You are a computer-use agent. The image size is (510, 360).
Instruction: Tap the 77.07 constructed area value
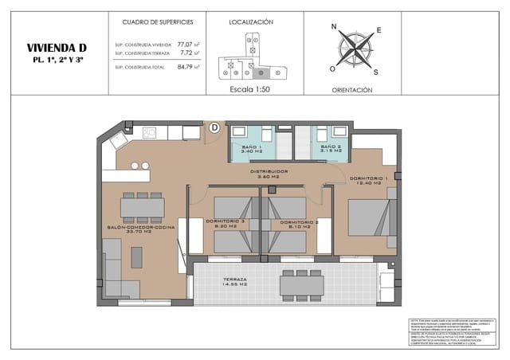[185, 44]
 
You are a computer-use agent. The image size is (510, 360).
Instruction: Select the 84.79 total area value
[185, 67]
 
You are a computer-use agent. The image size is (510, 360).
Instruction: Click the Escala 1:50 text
[251, 90]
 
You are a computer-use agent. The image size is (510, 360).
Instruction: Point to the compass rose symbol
[351, 49]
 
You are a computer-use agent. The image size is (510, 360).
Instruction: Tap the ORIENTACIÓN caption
[351, 90]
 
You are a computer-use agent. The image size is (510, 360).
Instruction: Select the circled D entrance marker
[214, 127]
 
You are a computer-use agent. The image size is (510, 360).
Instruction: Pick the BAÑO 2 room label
[331, 148]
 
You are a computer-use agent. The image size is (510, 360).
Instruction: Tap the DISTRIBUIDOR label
[269, 171]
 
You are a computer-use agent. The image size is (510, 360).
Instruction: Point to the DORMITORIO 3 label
[226, 222]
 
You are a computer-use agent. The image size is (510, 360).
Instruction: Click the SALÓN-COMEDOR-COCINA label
[142, 228]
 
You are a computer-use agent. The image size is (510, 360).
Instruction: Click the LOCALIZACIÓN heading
[251, 23]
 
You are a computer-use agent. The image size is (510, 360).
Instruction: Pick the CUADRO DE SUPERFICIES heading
[156, 23]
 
